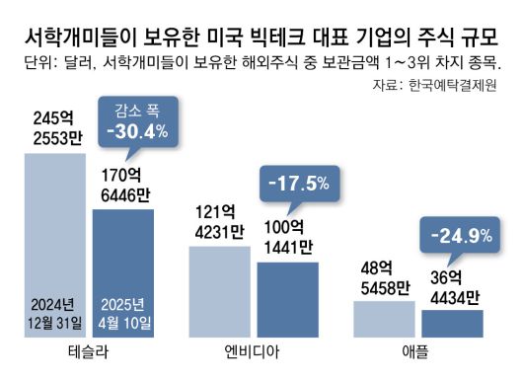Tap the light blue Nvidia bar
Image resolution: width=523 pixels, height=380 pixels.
click(x=219, y=291)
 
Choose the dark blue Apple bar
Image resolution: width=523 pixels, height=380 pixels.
click(x=452, y=323)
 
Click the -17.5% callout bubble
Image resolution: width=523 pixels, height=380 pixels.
click(x=299, y=184)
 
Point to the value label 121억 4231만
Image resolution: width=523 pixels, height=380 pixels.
click(x=219, y=221)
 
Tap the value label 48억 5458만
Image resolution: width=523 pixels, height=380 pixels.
click(x=384, y=277)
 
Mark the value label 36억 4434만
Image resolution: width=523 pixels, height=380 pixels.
click(x=452, y=287)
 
